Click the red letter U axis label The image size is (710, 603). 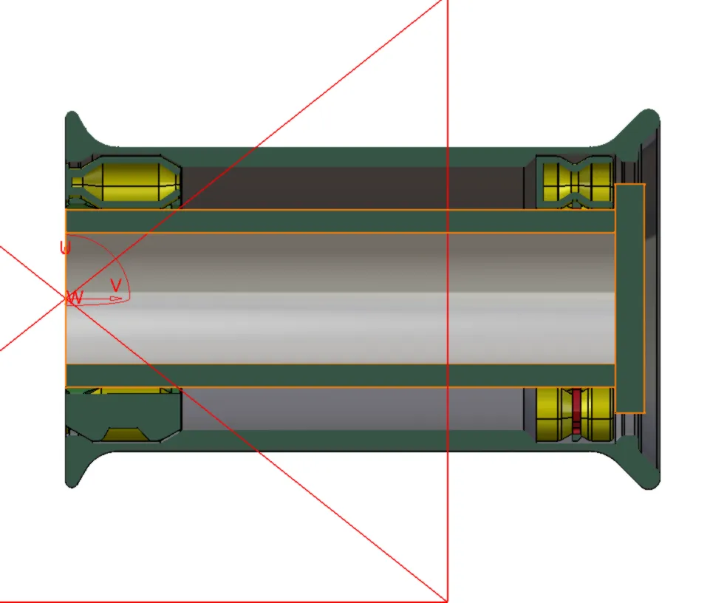tap(65, 248)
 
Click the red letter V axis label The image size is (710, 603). tap(115, 285)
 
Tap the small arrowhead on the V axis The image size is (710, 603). tap(116, 299)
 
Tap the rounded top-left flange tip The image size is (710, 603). tap(72, 117)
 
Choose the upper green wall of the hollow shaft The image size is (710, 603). tap(340, 222)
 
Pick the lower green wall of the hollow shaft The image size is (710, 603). tap(340, 375)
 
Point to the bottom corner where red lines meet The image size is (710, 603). tap(447, 601)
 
